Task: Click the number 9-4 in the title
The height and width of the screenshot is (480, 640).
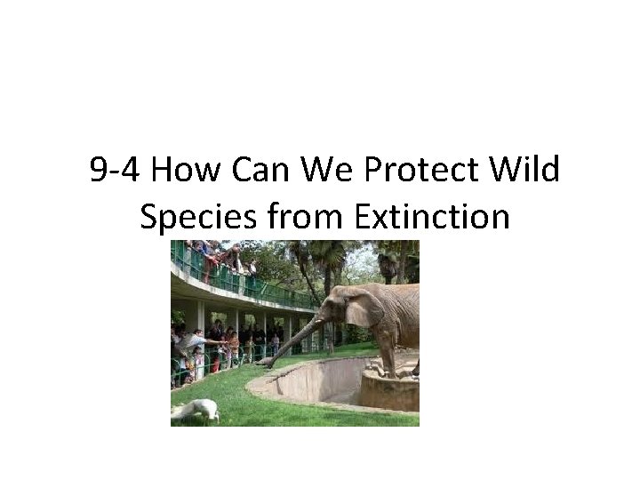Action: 114,170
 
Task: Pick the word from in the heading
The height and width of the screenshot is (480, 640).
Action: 280,216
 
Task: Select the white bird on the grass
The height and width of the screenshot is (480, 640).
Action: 198,410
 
